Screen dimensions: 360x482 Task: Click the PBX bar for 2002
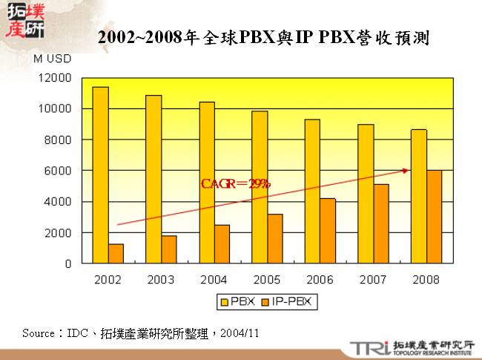[100, 175]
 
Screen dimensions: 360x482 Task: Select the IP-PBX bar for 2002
[116, 253]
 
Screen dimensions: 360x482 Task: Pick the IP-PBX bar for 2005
[275, 238]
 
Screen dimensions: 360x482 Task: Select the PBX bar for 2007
[366, 194]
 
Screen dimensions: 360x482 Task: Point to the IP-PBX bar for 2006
[328, 231]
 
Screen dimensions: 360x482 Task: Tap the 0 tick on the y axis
[67, 264]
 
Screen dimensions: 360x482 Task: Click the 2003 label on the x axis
[161, 280]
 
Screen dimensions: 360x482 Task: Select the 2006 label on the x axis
[320, 280]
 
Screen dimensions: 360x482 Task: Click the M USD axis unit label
[52, 57]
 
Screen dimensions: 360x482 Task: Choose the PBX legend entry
[236, 301]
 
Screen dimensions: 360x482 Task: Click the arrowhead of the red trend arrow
[406, 170]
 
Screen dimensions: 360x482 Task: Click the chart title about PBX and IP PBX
[264, 37]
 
